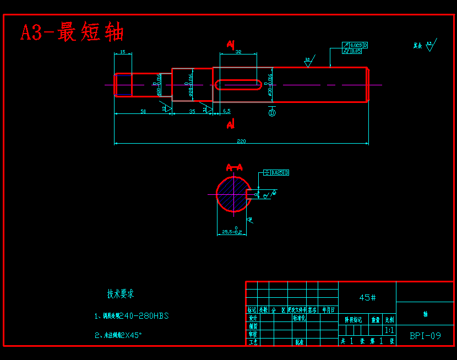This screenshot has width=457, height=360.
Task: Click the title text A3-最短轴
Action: (x=72, y=32)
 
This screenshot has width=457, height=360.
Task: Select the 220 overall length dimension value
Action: (x=241, y=141)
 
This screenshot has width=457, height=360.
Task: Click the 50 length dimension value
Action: (x=143, y=112)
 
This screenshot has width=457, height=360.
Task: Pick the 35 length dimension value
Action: (x=192, y=112)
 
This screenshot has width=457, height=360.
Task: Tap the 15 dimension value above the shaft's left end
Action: (x=122, y=52)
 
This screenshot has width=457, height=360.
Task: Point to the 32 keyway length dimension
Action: (x=238, y=52)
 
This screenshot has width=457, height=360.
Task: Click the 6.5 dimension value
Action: (x=227, y=111)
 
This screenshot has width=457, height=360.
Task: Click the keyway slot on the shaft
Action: (x=238, y=84)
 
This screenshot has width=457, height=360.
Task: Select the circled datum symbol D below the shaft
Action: (x=271, y=113)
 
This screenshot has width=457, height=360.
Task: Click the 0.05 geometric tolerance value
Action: (x=356, y=51)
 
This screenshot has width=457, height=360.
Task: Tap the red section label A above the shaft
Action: (x=231, y=44)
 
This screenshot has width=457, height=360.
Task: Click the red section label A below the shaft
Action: (x=231, y=125)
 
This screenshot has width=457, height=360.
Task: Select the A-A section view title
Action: (x=235, y=167)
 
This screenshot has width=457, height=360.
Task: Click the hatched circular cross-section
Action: (x=232, y=194)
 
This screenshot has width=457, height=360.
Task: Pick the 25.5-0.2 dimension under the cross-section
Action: (x=232, y=232)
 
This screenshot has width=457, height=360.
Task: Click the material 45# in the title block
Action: (x=367, y=297)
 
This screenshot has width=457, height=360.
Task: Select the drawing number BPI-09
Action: (x=426, y=335)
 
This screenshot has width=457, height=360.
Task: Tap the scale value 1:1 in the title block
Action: (x=389, y=330)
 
